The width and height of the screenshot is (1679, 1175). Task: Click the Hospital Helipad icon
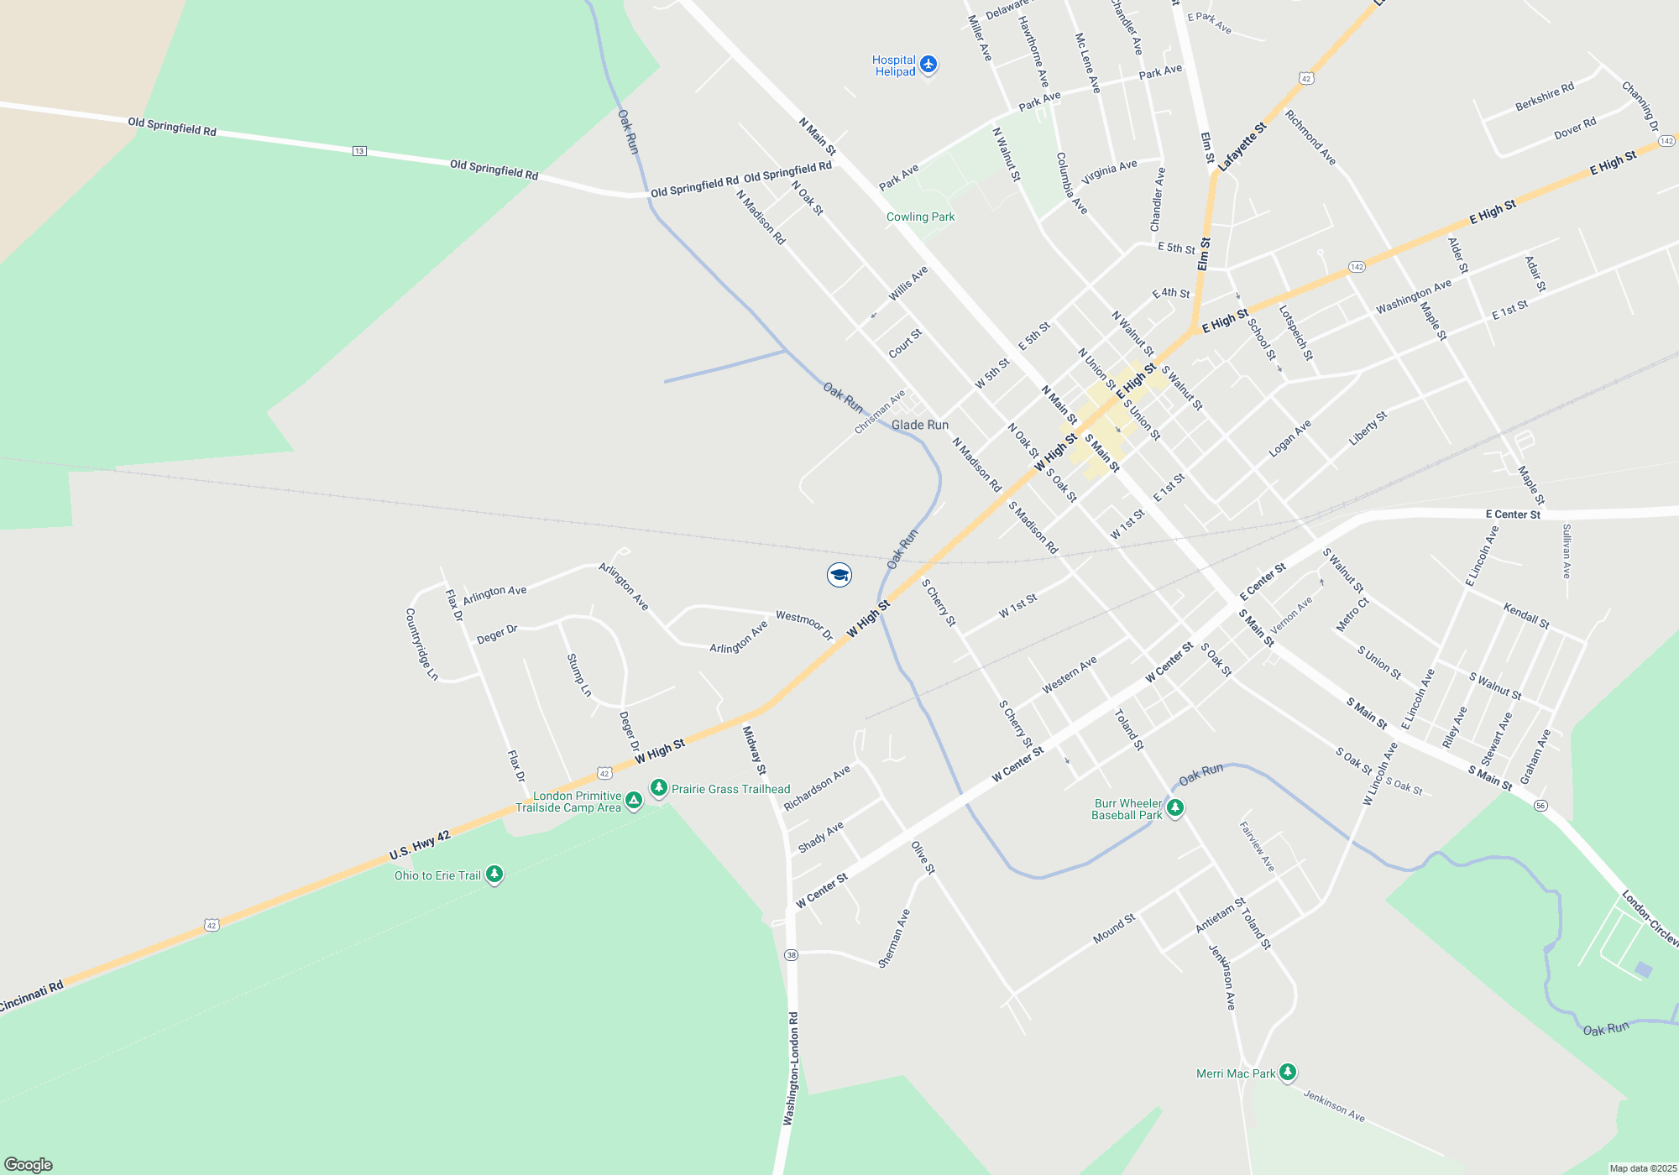(928, 64)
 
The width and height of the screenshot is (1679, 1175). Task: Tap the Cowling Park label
(920, 217)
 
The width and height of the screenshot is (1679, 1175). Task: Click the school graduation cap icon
(839, 575)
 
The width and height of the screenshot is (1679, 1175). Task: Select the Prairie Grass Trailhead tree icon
(659, 787)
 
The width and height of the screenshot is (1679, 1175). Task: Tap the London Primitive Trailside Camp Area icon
(634, 801)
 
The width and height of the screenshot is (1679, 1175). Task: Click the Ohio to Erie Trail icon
(494, 875)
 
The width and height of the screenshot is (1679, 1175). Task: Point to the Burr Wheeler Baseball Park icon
(1175, 807)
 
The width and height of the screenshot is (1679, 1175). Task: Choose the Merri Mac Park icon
(1287, 1072)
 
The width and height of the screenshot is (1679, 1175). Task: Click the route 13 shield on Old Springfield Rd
(359, 151)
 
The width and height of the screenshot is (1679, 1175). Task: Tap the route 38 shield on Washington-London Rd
(791, 955)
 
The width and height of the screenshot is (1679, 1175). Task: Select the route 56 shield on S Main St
(1540, 806)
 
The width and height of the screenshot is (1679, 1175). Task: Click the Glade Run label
(920, 425)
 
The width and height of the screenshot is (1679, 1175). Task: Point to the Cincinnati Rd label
(32, 996)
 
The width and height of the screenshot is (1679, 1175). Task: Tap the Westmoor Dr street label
(804, 625)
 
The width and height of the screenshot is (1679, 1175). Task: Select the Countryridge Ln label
(421, 644)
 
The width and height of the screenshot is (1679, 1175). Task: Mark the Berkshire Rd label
(1544, 97)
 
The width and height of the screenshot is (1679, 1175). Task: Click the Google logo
(29, 1165)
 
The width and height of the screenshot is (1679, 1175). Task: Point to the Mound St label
(1114, 928)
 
